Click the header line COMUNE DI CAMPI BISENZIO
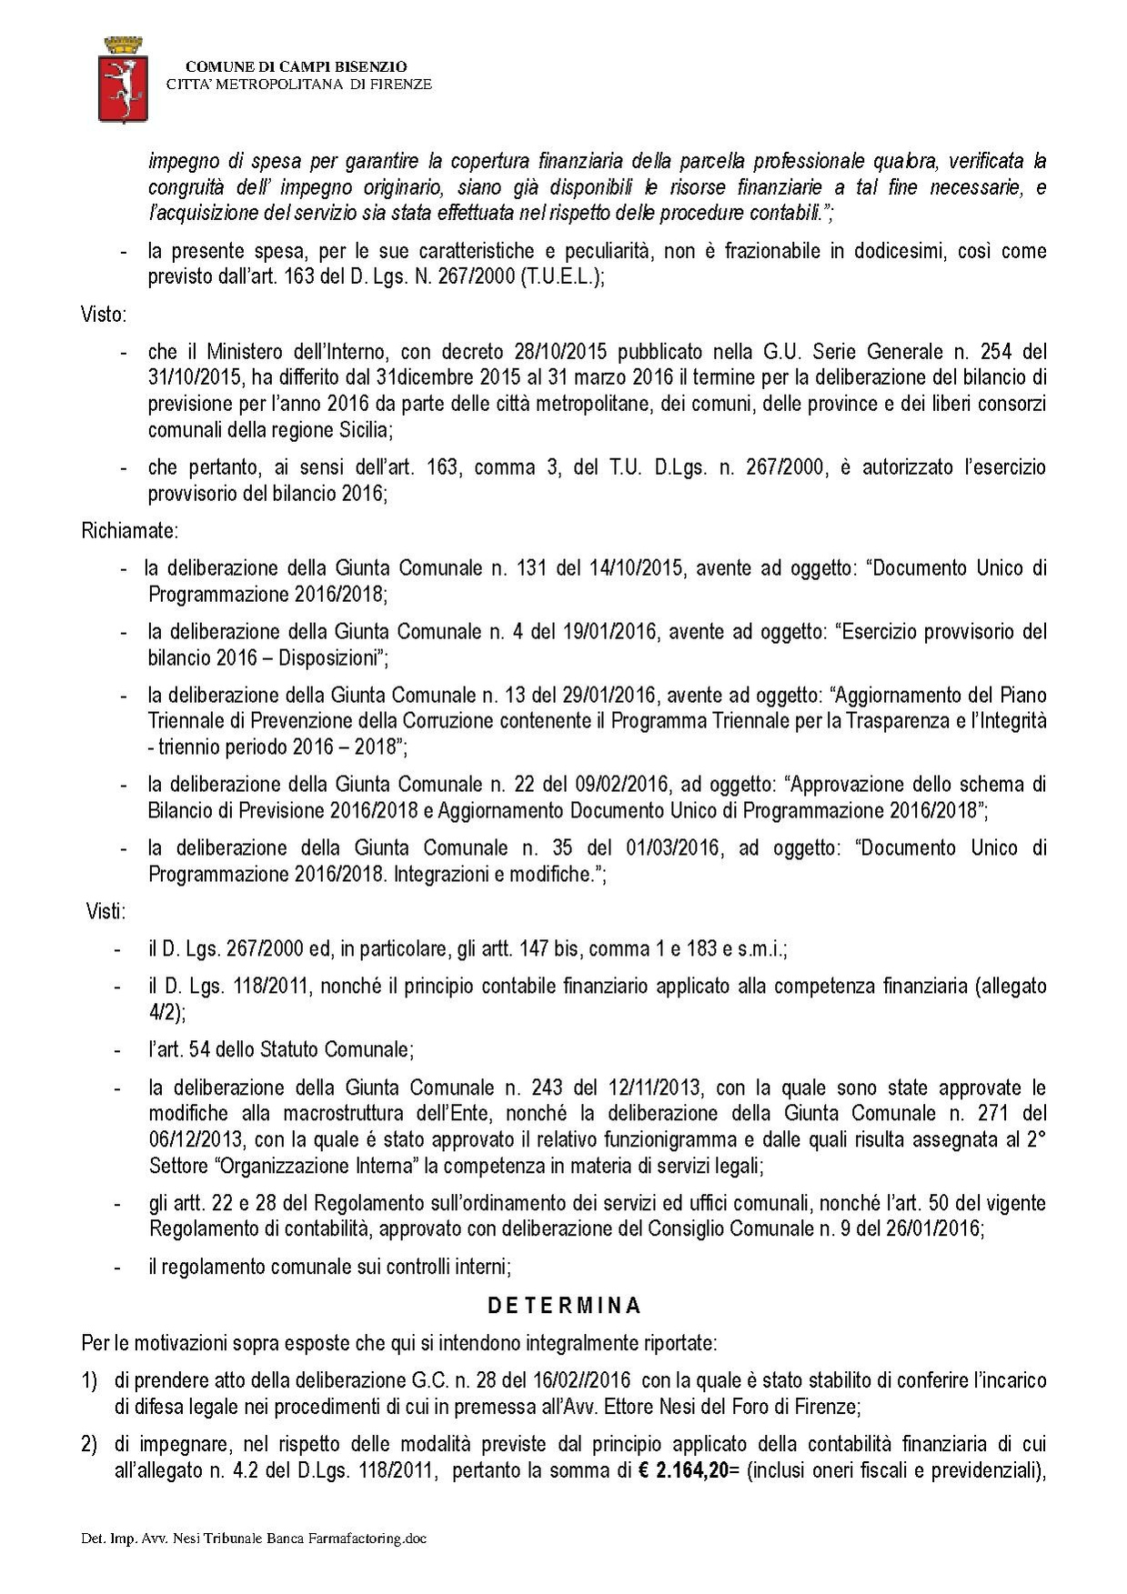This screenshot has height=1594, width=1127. tap(297, 66)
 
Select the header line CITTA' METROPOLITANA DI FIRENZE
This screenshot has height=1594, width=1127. tap(298, 85)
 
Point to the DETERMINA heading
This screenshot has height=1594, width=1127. tap(564, 1306)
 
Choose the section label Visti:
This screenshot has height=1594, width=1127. tap(106, 911)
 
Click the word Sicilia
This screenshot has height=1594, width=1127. tap(361, 428)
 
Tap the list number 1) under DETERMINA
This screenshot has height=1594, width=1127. tap(89, 1380)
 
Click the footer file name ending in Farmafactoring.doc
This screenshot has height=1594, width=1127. tap(254, 1539)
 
